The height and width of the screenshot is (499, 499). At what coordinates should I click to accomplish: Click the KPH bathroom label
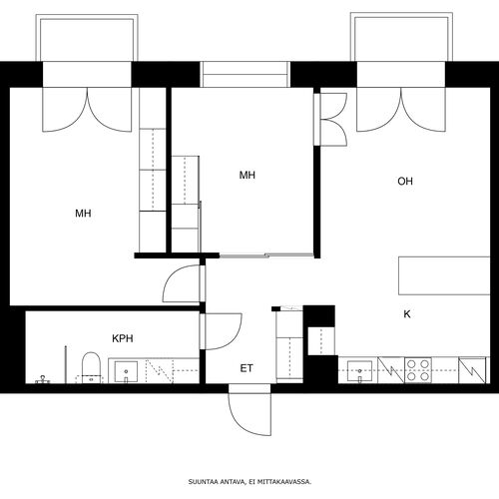point(123,338)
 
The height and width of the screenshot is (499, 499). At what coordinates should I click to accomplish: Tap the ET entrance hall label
point(247,368)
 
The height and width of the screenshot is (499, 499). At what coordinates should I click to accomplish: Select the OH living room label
point(405,182)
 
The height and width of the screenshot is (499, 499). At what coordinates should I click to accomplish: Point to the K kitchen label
point(407,314)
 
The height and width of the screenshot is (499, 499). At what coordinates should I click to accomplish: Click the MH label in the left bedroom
point(83,214)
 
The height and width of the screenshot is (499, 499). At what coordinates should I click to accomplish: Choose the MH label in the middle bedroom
point(248,175)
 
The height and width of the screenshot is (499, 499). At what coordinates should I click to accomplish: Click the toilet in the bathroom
point(91,368)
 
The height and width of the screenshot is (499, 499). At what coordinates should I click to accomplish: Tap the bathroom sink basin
point(126,371)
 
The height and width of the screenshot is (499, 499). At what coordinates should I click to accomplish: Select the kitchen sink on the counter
point(359,370)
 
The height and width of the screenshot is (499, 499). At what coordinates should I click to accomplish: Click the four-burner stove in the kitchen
point(418,370)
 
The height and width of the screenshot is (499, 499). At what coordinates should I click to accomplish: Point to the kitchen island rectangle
point(444,275)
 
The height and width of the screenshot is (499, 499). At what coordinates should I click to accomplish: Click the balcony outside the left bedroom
point(87,38)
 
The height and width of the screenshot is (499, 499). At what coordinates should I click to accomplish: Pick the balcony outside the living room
point(401,37)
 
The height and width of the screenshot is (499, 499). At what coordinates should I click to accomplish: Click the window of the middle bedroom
point(246,74)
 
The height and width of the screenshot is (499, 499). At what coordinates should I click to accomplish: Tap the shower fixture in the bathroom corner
point(43,379)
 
